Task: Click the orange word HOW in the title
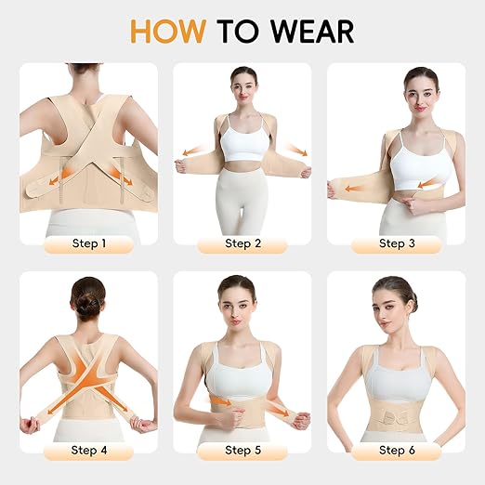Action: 168,31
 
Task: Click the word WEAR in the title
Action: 312,31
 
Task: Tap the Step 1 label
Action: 88,244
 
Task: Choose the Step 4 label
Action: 88,451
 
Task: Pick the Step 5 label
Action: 242,451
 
